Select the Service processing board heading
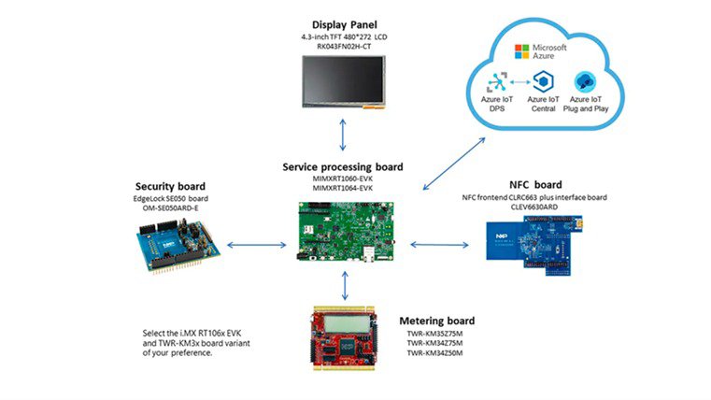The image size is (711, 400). coord(343,167)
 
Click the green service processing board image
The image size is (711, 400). coord(344,229)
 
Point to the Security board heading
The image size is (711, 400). coord(171,186)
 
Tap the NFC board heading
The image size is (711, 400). coord(533,184)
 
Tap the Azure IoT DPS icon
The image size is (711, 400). coord(497,82)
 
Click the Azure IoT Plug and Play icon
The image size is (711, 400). coord(586,82)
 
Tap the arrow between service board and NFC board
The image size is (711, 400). coord(438,246)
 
